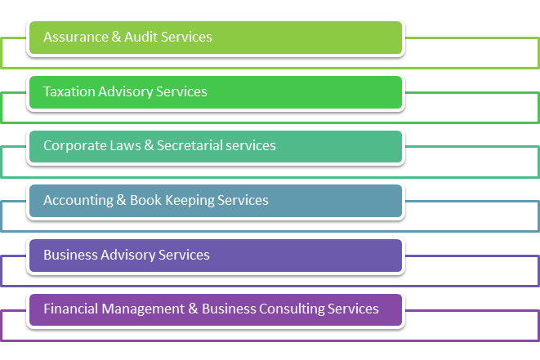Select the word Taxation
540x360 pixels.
point(69,91)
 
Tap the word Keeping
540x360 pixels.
point(187,201)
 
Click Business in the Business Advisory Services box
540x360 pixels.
point(69,255)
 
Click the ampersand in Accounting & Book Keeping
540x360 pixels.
point(120,200)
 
